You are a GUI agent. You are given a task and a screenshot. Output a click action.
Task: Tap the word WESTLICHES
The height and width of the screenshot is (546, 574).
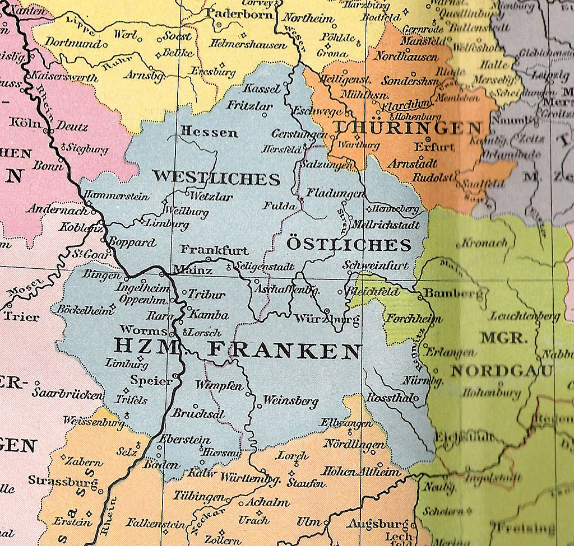pyautogui.click(x=216, y=178)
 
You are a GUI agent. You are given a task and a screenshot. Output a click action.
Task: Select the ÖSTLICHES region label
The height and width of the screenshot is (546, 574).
pyautogui.click(x=349, y=245)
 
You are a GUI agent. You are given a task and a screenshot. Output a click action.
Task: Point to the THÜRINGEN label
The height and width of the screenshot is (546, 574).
pyautogui.click(x=408, y=128)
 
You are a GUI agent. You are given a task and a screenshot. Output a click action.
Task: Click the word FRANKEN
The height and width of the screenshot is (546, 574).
pyautogui.click(x=284, y=351)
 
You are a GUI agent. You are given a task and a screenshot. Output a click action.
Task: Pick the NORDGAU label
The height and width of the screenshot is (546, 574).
pyautogui.click(x=502, y=371)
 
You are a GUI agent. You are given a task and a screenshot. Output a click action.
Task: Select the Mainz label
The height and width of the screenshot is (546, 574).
pyautogui.click(x=193, y=270)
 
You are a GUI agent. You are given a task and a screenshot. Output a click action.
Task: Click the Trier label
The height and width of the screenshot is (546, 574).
pyautogui.click(x=21, y=316)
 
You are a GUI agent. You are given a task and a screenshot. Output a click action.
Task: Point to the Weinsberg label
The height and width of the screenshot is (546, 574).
pyautogui.click(x=290, y=401)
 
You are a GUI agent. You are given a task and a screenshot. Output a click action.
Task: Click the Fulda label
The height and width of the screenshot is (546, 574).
pyautogui.click(x=279, y=206)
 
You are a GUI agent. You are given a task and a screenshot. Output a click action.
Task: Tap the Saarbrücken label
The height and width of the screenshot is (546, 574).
pyautogui.click(x=67, y=393)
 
